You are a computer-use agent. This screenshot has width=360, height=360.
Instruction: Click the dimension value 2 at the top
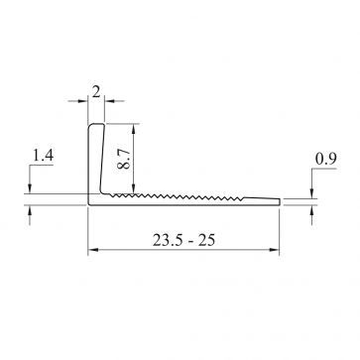click(x=95, y=90)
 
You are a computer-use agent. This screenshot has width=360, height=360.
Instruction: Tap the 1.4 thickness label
click(x=44, y=156)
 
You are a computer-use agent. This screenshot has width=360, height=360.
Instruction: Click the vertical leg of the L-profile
click(x=96, y=159)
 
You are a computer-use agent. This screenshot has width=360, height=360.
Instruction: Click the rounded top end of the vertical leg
click(x=96, y=125)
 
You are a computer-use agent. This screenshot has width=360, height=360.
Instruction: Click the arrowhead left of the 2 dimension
click(x=85, y=101)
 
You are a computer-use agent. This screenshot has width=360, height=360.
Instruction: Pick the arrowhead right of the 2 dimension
click(x=108, y=101)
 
